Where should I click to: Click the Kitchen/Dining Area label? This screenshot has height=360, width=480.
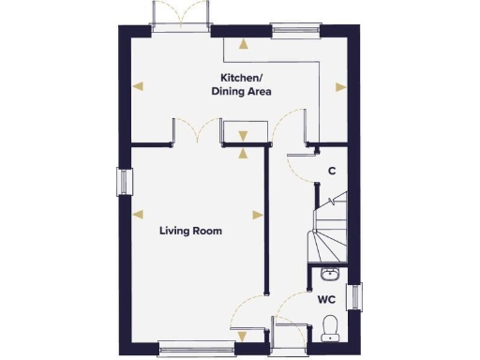(x=246, y=84)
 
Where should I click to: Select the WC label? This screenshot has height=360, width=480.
(x=326, y=300)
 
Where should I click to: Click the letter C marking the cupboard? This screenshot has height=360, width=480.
(x=332, y=171)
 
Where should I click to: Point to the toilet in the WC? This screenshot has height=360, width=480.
(x=329, y=325)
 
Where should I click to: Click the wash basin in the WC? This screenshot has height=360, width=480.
(x=329, y=274)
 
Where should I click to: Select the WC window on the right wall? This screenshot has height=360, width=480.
(x=353, y=296)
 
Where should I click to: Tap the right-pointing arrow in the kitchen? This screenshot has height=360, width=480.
(x=340, y=86)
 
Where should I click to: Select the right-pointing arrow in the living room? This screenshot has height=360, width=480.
(x=257, y=212)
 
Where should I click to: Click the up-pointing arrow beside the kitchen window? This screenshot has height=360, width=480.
(x=245, y=42)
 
